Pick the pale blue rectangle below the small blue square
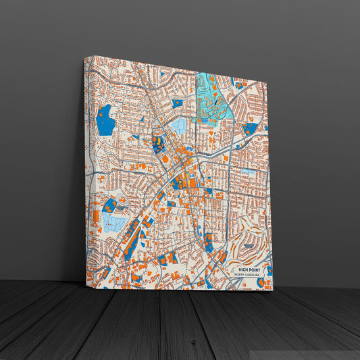pyautogui.click(x=179, y=126)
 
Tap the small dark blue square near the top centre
pyautogui.click(x=178, y=103)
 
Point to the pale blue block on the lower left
pyautogui.click(x=113, y=222)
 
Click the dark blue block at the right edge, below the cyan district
pyautogui.click(x=250, y=127)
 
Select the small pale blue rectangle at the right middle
pyautogui.click(x=249, y=172)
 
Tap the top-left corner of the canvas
pyautogui.click(x=86, y=56)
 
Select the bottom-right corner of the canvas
pyautogui.click(x=273, y=291)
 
